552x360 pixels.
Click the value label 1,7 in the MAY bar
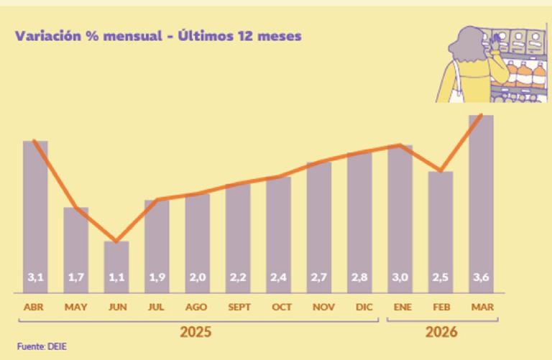(x=75, y=277)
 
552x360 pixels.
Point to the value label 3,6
(x=481, y=277)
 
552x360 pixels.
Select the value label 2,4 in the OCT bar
(x=278, y=277)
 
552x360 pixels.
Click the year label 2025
(x=195, y=332)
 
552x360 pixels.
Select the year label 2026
(x=441, y=332)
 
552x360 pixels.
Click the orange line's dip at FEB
(x=441, y=172)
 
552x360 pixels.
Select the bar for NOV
(x=319, y=223)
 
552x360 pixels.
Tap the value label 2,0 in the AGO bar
(x=197, y=277)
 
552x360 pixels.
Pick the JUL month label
(x=157, y=307)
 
